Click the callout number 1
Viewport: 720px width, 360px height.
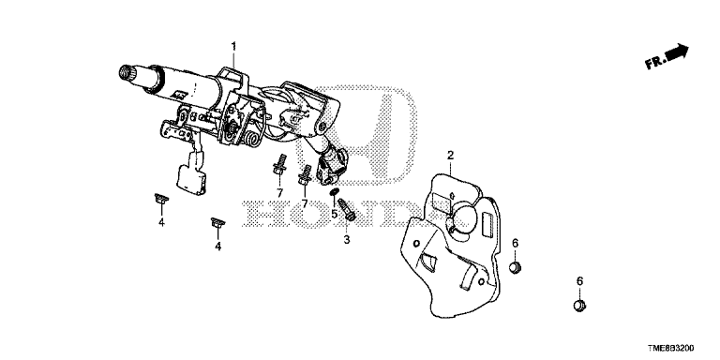(233, 46)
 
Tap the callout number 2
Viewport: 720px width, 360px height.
(450, 155)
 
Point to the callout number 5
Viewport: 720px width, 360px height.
(333, 213)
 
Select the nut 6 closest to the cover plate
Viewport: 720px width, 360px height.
(515, 270)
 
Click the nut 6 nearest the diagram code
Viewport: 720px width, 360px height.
(578, 306)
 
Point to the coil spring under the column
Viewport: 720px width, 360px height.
(253, 138)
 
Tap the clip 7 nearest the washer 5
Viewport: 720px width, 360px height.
(307, 173)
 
